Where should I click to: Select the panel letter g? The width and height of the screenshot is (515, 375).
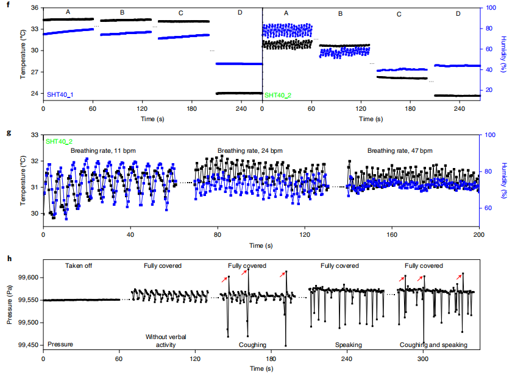pos(8,131)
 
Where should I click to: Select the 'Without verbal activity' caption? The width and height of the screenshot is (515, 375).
pos(163,341)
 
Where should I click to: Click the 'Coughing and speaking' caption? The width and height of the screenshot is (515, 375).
pos(433,345)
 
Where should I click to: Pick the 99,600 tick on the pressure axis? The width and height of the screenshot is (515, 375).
pos(28,278)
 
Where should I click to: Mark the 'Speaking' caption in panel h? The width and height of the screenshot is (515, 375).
pos(348,345)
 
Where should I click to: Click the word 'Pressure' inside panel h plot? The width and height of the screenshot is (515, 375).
pos(60,345)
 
